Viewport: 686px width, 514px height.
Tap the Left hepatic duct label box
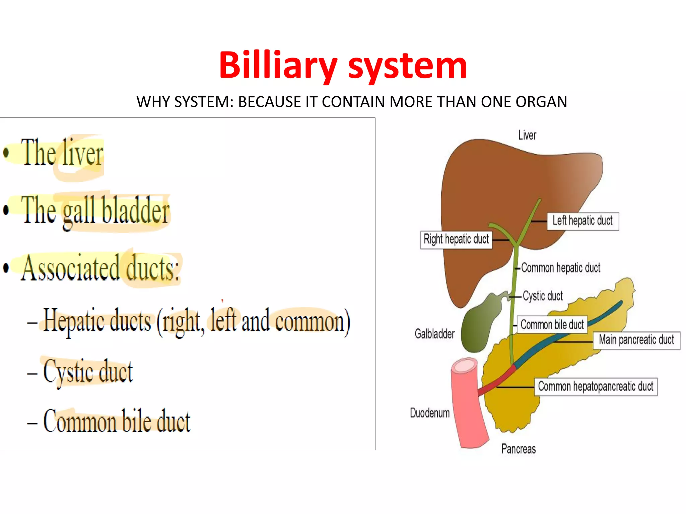point(582,221)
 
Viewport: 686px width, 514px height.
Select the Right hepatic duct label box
point(456,240)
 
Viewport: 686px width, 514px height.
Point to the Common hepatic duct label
point(560,268)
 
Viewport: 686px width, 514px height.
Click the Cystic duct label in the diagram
point(543,296)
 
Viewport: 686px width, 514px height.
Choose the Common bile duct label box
point(552,325)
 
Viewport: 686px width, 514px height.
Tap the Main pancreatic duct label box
point(636,340)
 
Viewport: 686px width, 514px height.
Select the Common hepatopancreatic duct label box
point(596,387)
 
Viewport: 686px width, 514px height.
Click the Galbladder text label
point(434,334)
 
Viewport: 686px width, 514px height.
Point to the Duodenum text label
point(430,413)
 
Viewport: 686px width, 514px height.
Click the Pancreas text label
point(518,449)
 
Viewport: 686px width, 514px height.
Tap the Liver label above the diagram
point(527,135)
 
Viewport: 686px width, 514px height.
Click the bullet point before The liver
point(6,152)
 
